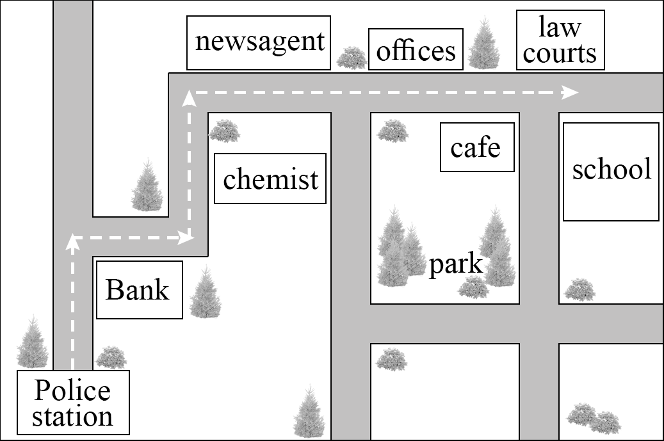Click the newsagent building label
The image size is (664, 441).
258,43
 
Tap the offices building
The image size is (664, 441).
416,49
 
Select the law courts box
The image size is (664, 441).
560,40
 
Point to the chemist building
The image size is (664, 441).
270,178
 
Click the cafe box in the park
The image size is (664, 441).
477,147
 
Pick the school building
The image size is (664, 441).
611,172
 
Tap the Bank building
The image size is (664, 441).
140,290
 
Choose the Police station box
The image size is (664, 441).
73,403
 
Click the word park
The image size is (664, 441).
456,265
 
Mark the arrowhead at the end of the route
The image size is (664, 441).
571,92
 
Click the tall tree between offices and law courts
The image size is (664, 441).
484,43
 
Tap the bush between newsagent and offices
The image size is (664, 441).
352,58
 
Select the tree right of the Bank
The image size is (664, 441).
206,292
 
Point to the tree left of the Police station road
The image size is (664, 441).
33,342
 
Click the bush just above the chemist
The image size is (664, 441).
225,131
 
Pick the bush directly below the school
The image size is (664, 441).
579,290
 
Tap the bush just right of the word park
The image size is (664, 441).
474,287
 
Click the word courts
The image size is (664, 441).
560,53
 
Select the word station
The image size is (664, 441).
73,417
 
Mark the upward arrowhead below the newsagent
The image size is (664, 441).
190,98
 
